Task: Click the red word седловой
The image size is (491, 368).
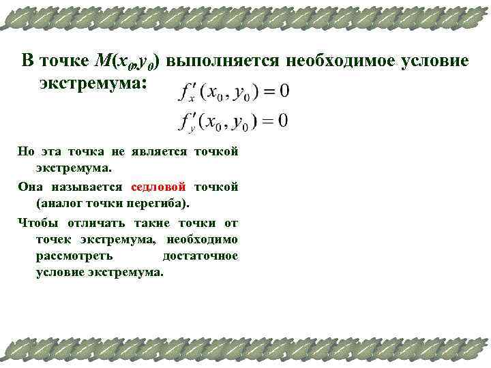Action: click(158, 187)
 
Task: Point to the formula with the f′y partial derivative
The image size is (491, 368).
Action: click(231, 122)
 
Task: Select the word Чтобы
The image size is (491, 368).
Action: click(33, 222)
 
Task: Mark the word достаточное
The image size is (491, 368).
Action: click(200, 256)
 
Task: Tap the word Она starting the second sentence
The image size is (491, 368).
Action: click(29, 187)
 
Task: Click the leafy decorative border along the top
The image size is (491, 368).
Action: click(245, 17)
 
